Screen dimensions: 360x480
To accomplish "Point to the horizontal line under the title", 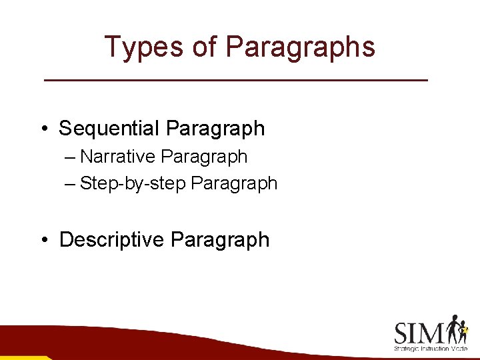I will point(235,80).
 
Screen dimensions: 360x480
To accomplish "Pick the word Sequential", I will point(109,128).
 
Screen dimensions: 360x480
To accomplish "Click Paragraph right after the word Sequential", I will point(215,129).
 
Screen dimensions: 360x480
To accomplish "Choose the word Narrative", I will point(118,157).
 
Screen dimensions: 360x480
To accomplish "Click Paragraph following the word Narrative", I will point(205,157).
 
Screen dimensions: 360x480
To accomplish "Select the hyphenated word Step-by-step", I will point(133,183).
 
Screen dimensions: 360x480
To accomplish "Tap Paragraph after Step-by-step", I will point(234,183).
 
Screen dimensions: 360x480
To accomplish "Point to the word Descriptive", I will point(112,239).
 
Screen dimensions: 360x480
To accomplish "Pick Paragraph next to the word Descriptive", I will point(220,240).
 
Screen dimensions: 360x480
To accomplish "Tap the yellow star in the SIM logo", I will point(465,329).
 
